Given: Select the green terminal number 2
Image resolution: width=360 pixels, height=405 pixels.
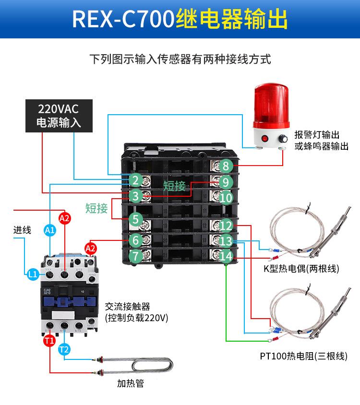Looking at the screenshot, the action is tap(135, 180).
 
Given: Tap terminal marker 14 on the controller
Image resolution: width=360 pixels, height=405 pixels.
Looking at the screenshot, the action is tap(227, 257).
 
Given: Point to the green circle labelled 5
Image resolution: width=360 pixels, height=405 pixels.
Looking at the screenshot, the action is tap(135, 219).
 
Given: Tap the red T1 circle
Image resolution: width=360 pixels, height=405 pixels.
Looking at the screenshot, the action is tap(49, 341).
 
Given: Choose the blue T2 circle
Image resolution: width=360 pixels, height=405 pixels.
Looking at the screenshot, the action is tap(64, 350).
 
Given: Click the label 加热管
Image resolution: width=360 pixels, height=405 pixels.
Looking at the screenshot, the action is tap(130, 383).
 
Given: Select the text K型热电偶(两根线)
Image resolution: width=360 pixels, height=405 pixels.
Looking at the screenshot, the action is tap(301, 268).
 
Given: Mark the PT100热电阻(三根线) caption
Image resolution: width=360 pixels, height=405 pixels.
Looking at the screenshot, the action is tap(303, 356).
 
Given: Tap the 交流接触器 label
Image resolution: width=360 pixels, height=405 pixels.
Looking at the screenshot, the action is tap(127, 307).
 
